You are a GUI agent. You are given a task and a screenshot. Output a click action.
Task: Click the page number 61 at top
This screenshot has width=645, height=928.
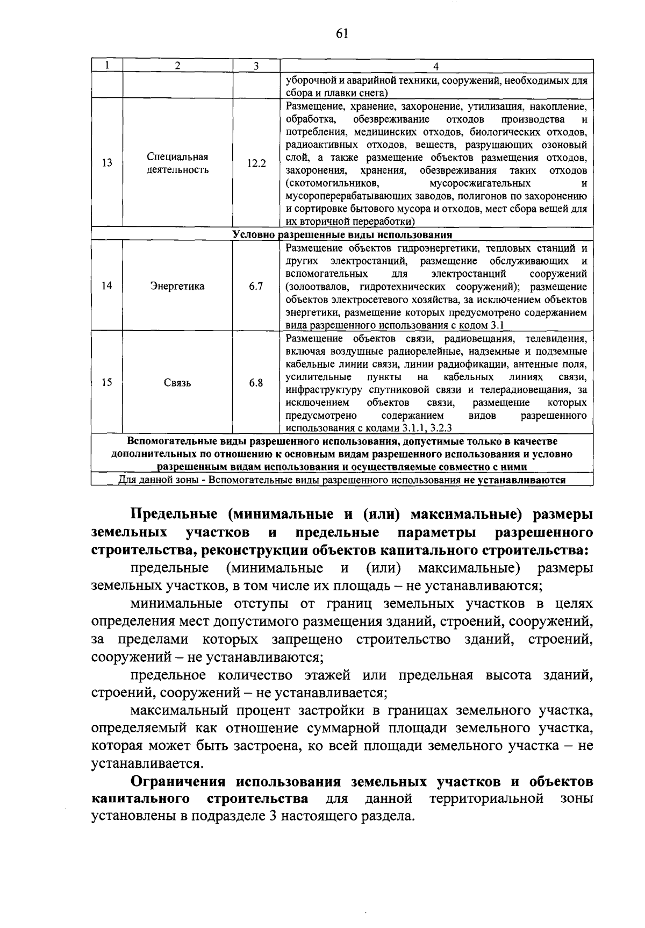click(x=342, y=34)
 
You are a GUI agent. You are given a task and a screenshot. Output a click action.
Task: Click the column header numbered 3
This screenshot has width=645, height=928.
click(x=256, y=66)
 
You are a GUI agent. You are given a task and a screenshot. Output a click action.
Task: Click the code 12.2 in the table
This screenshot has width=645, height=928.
click(x=256, y=163)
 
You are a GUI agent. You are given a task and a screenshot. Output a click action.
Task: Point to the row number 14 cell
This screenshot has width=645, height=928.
click(x=107, y=286)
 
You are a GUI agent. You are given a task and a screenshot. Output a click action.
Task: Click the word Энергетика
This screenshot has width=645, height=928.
click(x=177, y=286)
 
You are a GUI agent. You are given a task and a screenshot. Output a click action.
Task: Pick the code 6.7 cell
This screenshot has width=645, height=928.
click(x=256, y=286)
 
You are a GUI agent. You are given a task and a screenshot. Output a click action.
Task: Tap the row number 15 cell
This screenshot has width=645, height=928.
click(x=107, y=383)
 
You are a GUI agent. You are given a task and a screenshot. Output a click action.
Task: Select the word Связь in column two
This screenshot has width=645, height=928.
click(x=177, y=383)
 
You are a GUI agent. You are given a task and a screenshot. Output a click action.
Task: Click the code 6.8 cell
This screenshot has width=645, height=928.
click(x=256, y=383)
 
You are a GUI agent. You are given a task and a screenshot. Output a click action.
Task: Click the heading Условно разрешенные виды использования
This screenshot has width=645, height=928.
click(x=342, y=235)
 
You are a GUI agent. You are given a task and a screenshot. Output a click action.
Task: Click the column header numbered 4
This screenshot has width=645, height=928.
click(x=436, y=66)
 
